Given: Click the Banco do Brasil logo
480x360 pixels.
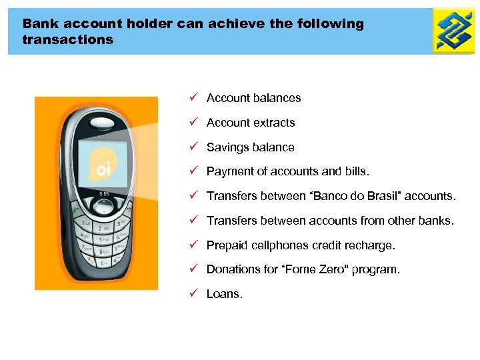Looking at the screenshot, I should [x=454, y=31].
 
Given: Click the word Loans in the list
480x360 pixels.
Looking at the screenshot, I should [x=224, y=294].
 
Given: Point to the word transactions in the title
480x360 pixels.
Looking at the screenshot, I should [x=67, y=40].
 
